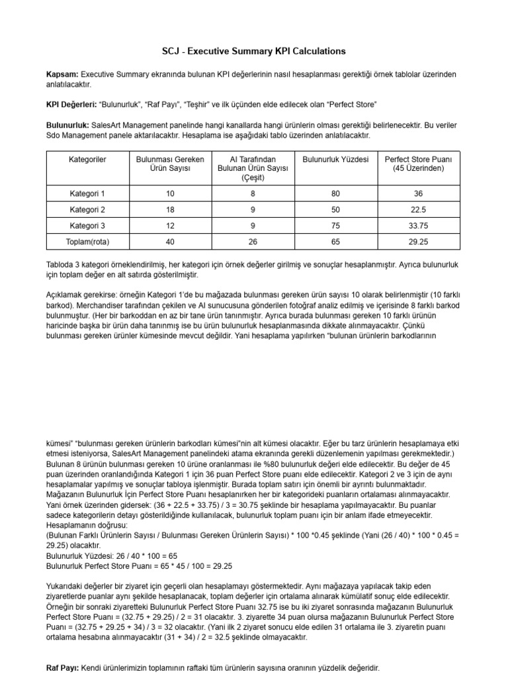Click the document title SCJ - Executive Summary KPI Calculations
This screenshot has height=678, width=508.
pyautogui.click(x=254, y=51)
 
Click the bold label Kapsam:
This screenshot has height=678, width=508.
pyautogui.click(x=62, y=75)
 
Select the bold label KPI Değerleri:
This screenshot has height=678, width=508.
pyautogui.click(x=71, y=105)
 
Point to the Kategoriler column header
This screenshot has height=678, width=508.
pyautogui.click(x=87, y=160)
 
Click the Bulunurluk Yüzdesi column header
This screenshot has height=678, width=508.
pyautogui.click(x=335, y=160)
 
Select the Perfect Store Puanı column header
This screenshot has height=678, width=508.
pyautogui.click(x=418, y=164)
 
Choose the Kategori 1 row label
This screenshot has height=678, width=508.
pyautogui.click(x=87, y=194)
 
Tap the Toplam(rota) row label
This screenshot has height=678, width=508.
pyautogui.click(x=87, y=242)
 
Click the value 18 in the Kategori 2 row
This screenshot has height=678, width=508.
pyautogui.click(x=170, y=210)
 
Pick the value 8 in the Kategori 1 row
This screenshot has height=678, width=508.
pyautogui.click(x=253, y=194)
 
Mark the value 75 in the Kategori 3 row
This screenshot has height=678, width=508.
pyautogui.click(x=335, y=226)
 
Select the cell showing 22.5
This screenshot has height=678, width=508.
pyautogui.click(x=418, y=210)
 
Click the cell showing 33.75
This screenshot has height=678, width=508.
pyautogui.click(x=418, y=226)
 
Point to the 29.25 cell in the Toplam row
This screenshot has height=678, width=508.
pyautogui.click(x=418, y=242)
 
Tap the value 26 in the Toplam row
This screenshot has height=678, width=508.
pyautogui.click(x=253, y=242)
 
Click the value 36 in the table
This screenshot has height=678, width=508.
pyautogui.click(x=418, y=194)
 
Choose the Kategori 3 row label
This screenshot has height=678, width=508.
pyautogui.click(x=87, y=226)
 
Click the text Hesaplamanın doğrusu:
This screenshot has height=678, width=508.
pyautogui.click(x=85, y=524)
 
